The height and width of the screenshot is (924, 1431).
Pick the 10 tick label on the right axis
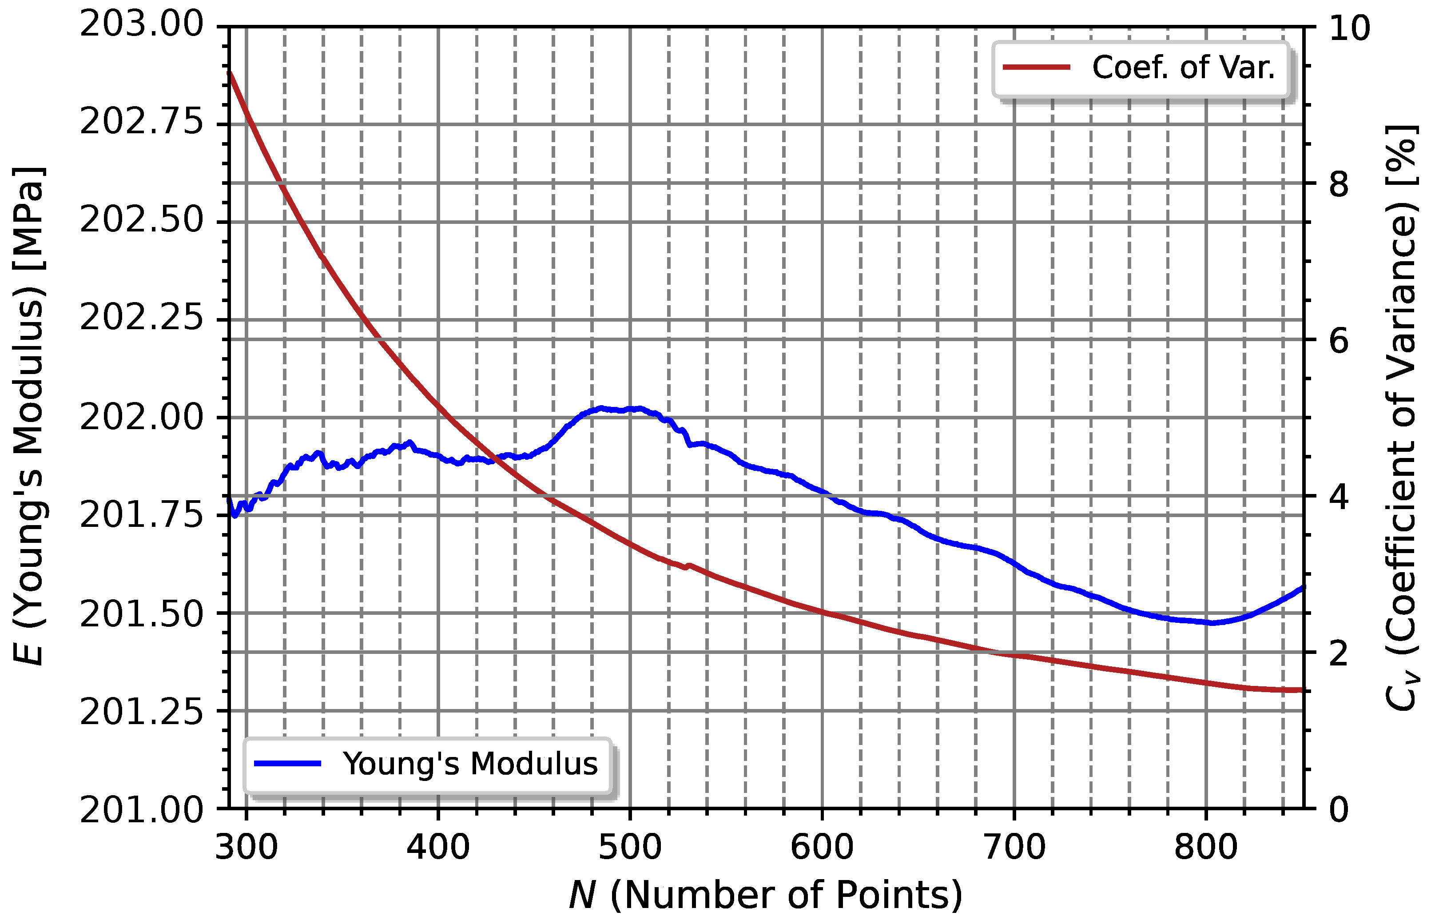point(1349,28)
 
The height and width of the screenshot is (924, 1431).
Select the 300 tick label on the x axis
point(246,848)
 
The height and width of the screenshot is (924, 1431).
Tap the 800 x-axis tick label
point(1205,848)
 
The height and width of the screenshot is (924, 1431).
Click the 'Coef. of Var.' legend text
point(1183,67)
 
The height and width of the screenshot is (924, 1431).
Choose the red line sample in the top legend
point(1036,67)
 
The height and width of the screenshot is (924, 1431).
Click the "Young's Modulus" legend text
point(470,764)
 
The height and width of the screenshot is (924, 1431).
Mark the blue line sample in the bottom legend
point(288,764)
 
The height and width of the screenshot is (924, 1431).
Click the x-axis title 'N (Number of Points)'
point(765,895)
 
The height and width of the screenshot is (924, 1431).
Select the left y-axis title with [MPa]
point(29,416)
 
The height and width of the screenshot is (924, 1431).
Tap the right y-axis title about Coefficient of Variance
point(1402,418)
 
